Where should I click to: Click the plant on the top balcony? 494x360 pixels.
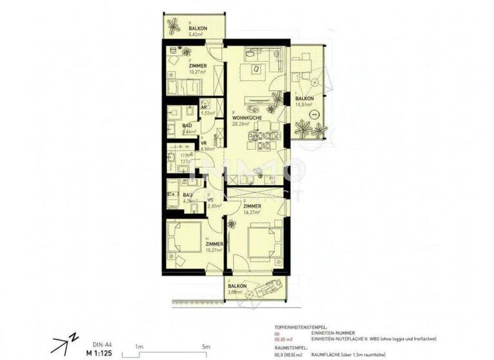coord(174,26)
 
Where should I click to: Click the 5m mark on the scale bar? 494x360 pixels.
coord(205,346)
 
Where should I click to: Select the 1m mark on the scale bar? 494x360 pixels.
coord(139,346)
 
